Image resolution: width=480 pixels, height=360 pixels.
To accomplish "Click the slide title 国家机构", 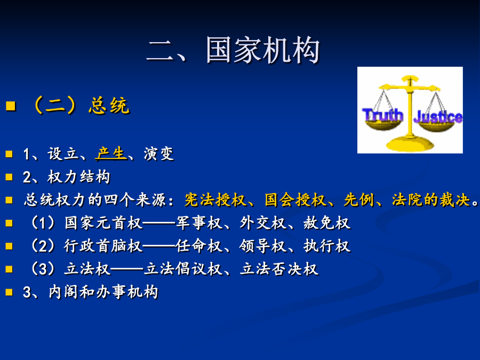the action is click(x=263, y=50).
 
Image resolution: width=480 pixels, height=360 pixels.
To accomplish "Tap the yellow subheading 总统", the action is click(x=109, y=106).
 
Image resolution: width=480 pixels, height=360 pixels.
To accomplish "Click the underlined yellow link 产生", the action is click(x=111, y=154).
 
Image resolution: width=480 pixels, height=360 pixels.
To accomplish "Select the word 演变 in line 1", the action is click(x=158, y=154).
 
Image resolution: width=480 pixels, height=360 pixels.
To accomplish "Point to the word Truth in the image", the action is click(x=382, y=115).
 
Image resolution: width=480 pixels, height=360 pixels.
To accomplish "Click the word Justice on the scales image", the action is click(x=438, y=117).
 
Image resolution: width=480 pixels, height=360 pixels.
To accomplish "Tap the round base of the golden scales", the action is click(x=410, y=143).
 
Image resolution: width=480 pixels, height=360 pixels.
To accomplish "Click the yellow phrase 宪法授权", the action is click(x=215, y=200).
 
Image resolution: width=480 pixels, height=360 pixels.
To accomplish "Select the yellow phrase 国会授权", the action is click(x=295, y=200).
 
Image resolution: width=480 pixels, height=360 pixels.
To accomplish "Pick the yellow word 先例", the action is click(x=359, y=200).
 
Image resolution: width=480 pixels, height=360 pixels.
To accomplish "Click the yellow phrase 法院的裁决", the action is click(x=431, y=200).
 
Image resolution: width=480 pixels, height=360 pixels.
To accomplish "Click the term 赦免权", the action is click(x=326, y=223).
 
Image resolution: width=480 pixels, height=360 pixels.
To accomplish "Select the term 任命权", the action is click(x=199, y=246).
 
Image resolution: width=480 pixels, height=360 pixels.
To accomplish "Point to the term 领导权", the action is click(x=262, y=246).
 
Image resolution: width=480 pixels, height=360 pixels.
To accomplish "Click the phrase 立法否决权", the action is click(x=279, y=269).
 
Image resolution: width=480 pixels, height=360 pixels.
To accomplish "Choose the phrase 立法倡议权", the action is click(x=183, y=269).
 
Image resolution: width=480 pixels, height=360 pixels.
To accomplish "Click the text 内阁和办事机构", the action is click(x=103, y=292).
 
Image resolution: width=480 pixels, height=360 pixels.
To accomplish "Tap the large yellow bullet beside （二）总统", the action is click(x=11, y=106).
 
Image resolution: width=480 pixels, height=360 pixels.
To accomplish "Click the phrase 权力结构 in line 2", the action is click(x=79, y=177).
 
